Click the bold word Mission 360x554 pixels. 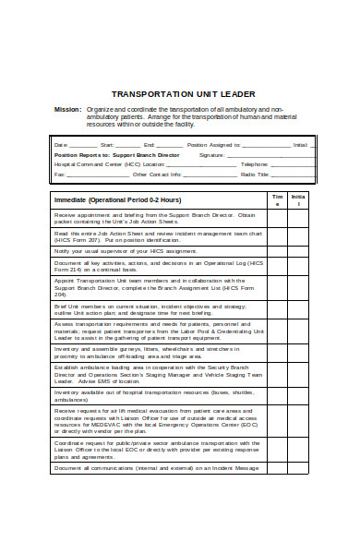coord(67,110)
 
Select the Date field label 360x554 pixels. coord(61,145)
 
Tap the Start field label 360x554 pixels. coord(106,145)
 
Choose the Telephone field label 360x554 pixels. coord(254,164)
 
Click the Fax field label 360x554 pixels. coord(60,174)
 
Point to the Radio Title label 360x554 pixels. coord(255,174)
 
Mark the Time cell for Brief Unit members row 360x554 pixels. coord(276,309)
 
